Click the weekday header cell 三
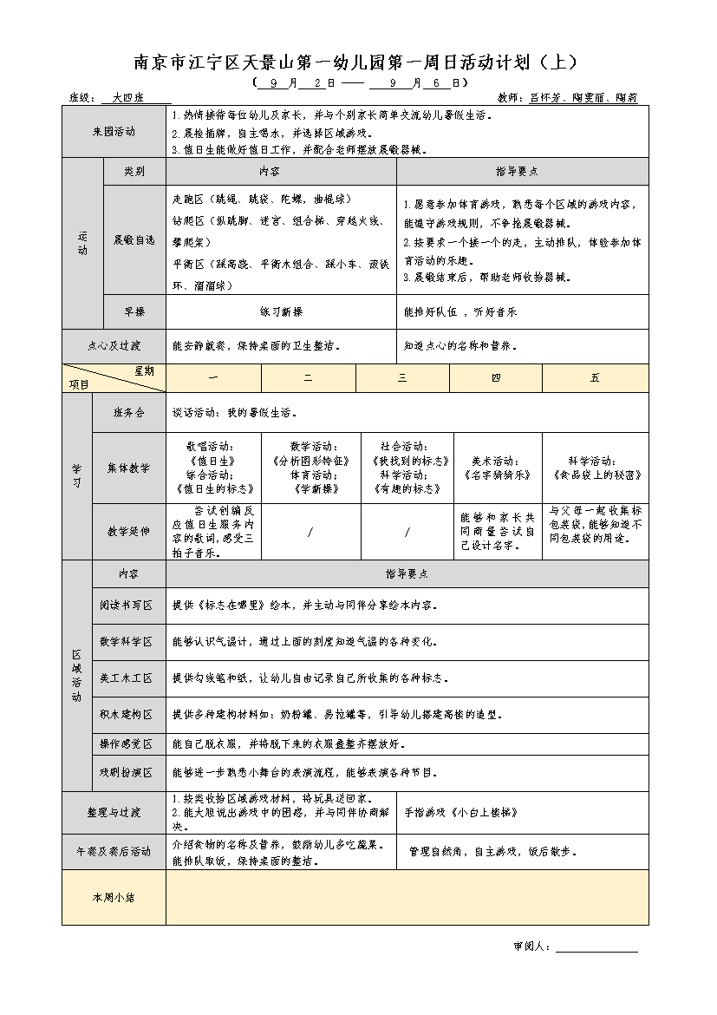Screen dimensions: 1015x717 402,378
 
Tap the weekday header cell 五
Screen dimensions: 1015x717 595,378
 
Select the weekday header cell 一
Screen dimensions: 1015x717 213,378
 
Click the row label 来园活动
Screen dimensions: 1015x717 114,132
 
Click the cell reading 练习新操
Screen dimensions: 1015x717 281,311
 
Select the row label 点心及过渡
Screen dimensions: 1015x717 114,345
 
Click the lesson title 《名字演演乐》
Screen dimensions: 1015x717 499,475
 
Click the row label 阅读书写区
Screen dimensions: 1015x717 128,605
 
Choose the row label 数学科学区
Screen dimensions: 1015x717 128,642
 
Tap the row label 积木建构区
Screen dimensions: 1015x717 128,715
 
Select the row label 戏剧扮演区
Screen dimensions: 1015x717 128,772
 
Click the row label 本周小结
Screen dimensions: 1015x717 114,898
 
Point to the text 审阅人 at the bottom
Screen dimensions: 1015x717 531,946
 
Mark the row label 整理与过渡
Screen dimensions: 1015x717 114,813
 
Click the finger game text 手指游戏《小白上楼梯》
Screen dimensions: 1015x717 460,813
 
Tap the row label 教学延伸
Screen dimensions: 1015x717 128,531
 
